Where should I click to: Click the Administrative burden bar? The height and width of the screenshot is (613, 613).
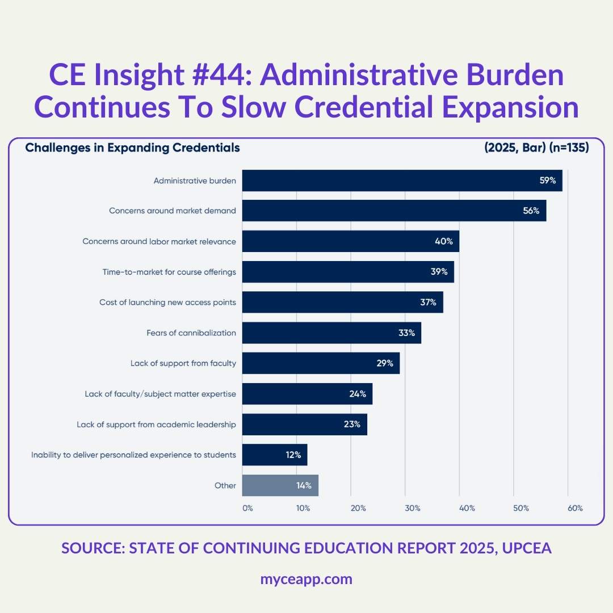pos(402,180)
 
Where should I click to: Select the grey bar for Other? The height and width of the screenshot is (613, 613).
pos(280,485)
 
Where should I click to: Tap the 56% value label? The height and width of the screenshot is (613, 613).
pos(531,211)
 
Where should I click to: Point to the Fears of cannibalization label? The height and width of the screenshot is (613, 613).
pos(191,333)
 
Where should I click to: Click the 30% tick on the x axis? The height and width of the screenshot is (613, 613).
pos(413,508)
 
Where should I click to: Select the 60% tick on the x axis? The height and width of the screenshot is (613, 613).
pos(575,508)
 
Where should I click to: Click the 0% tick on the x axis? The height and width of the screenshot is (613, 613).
pos(247,508)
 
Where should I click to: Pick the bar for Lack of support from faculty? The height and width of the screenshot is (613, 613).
pos(321,363)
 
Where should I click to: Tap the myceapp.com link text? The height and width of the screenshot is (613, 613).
pos(306,579)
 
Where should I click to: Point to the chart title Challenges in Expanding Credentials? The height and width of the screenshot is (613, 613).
pos(132,148)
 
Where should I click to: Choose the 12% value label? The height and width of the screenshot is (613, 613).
pos(293,455)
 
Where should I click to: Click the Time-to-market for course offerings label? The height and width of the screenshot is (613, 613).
pos(169,272)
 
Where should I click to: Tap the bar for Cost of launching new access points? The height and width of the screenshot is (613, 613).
pos(342,302)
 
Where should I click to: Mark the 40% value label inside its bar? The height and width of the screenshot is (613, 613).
pos(444,241)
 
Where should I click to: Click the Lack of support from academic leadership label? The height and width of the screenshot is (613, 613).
pos(156,424)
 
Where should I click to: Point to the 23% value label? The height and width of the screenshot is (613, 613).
pos(352,424)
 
